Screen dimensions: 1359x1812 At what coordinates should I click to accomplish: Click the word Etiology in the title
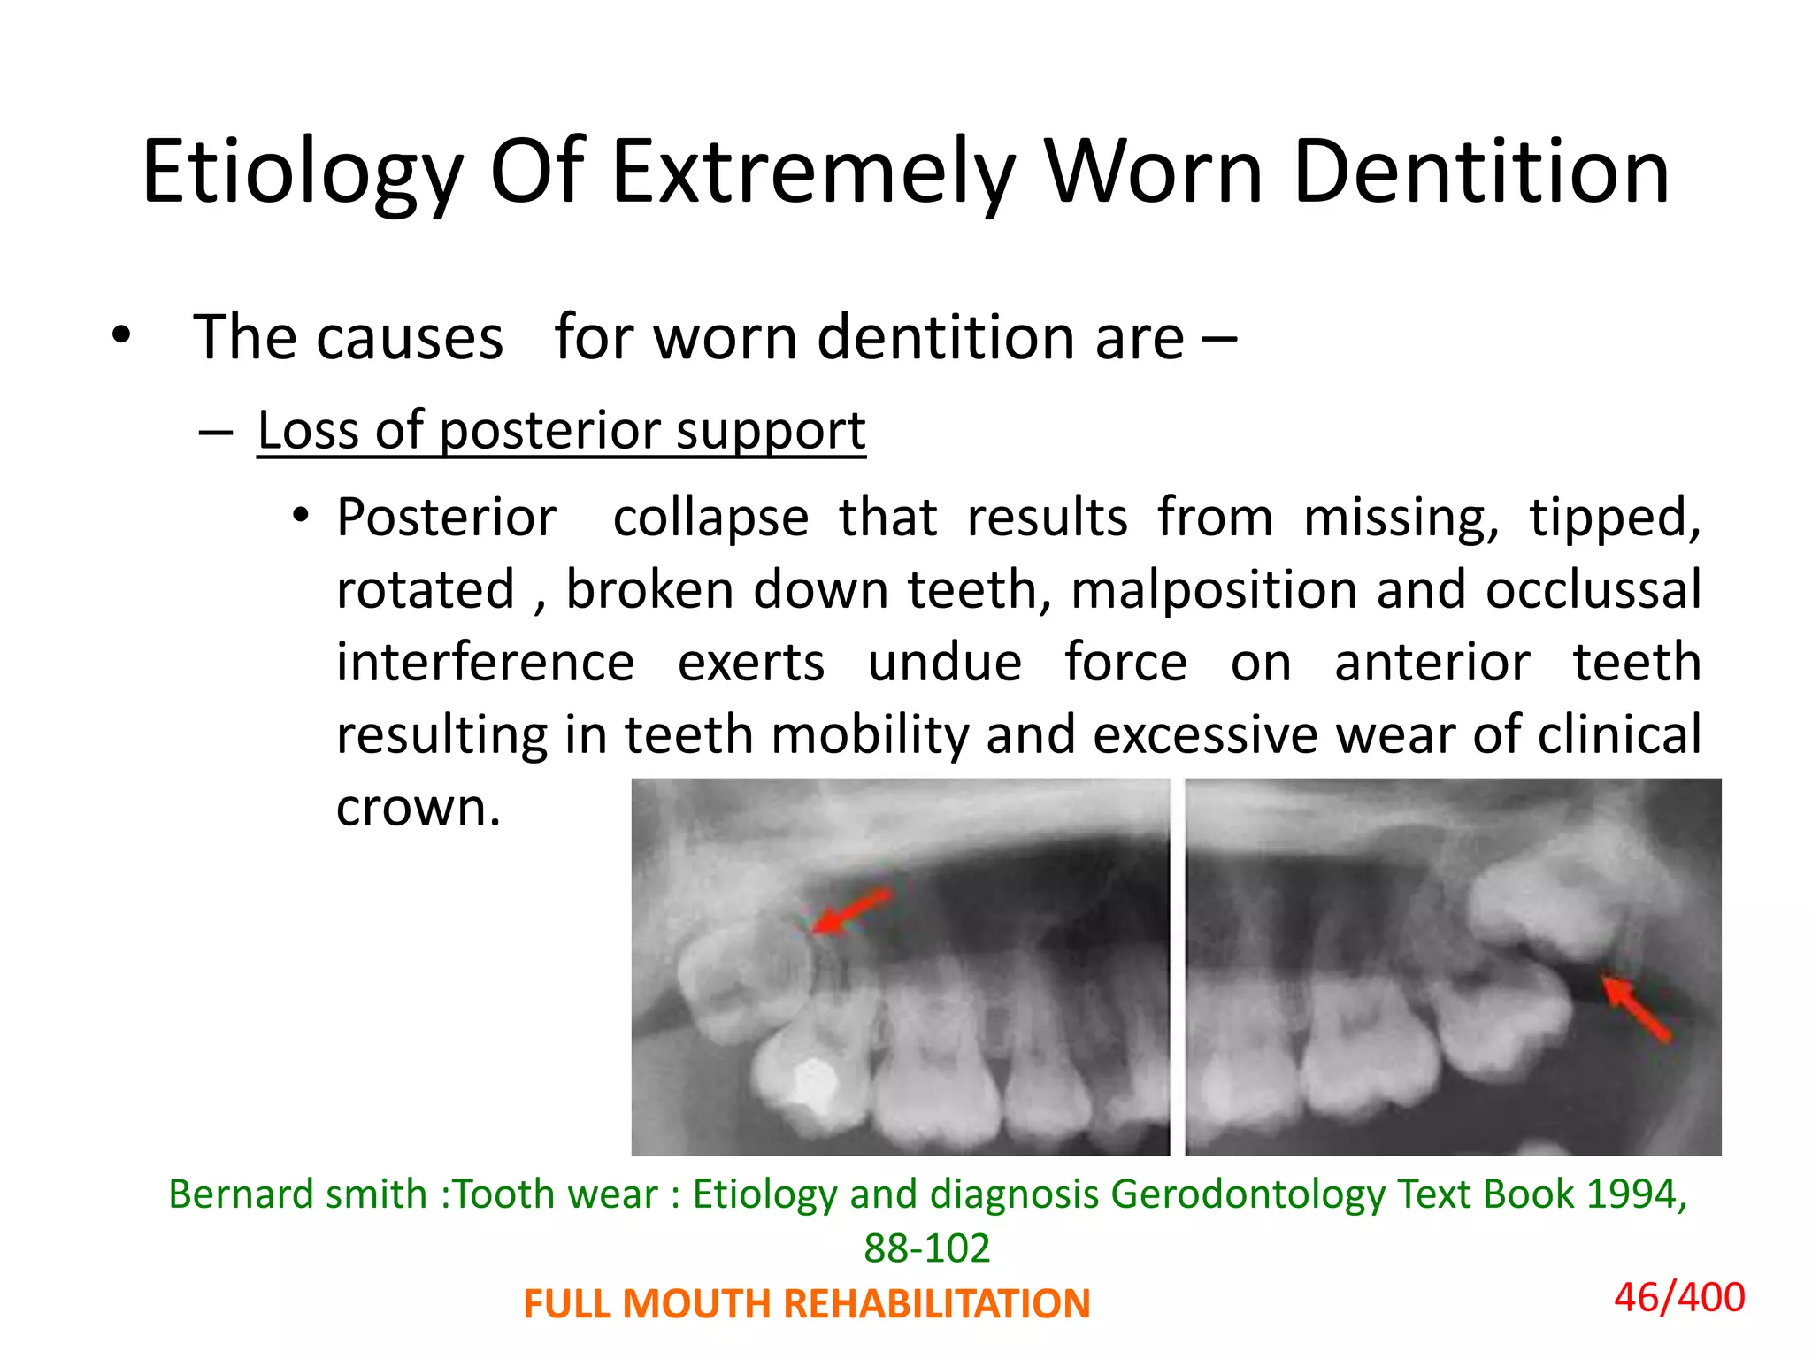(x=302, y=173)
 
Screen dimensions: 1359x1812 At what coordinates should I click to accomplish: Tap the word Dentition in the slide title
(x=1480, y=173)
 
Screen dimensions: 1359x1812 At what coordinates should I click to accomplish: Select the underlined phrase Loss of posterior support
(x=561, y=431)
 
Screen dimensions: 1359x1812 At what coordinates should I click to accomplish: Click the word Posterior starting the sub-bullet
(x=446, y=518)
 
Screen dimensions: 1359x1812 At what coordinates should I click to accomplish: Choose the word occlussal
(x=1593, y=590)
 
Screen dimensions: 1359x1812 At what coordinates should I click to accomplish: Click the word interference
(x=486, y=663)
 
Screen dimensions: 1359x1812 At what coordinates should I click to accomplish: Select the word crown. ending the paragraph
(x=418, y=808)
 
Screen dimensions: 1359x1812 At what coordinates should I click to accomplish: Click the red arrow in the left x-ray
(x=850, y=911)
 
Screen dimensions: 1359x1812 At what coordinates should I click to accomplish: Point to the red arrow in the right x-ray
(x=1636, y=1008)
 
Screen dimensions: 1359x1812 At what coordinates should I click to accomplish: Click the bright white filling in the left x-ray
(x=815, y=1083)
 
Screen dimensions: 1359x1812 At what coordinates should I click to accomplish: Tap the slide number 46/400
(x=1678, y=1298)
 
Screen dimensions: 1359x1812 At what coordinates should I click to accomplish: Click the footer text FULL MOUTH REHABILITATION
(x=806, y=1304)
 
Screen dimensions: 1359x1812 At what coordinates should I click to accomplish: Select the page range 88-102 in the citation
(x=926, y=1248)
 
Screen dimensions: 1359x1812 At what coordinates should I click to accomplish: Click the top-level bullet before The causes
(x=121, y=336)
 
